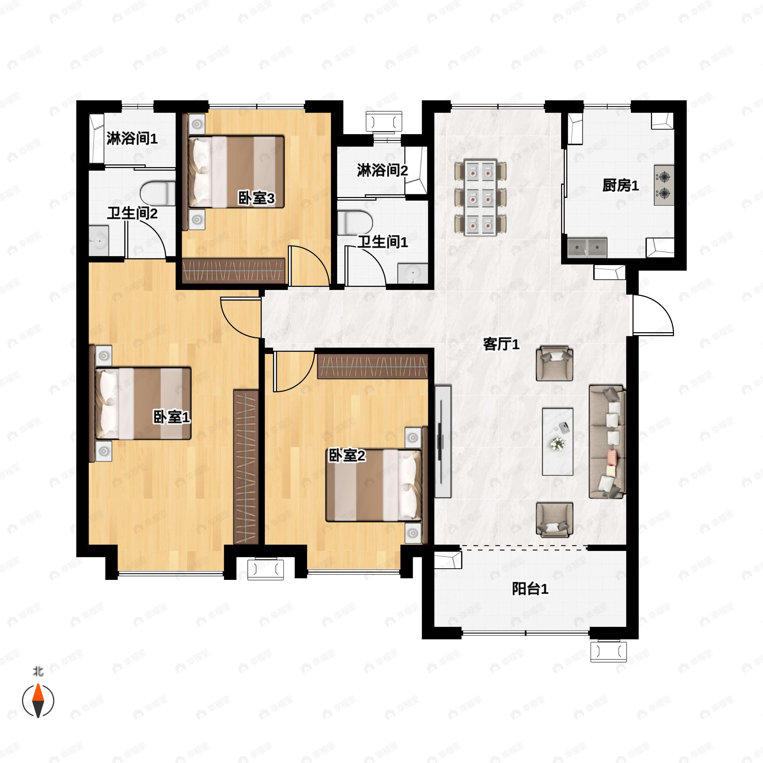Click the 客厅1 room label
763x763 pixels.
click(x=501, y=344)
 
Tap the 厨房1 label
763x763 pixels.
click(x=621, y=185)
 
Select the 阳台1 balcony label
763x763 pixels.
click(x=530, y=589)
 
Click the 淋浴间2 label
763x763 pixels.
click(x=382, y=171)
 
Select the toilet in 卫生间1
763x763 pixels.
click(x=355, y=223)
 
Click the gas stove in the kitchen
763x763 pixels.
click(x=664, y=185)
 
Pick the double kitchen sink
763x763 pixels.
click(x=587, y=248)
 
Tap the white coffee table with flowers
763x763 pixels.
click(x=558, y=442)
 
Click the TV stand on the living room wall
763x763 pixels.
click(x=443, y=442)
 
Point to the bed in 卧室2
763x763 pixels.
click(x=374, y=485)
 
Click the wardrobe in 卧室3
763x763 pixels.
click(x=233, y=271)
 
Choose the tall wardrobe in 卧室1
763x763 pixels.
click(x=246, y=467)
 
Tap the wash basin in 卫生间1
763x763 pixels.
click(x=413, y=273)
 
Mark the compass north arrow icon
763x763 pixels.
click(x=38, y=701)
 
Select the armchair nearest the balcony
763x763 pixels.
click(x=554, y=520)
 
